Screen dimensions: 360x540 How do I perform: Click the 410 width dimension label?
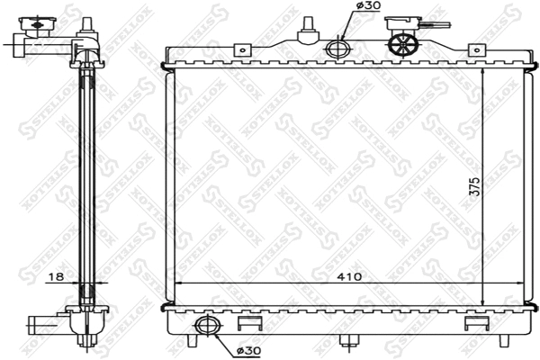pos(350,277)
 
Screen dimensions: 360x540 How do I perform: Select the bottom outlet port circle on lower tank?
pos(206,326)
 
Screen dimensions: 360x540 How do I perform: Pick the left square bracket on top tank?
pos(240,51)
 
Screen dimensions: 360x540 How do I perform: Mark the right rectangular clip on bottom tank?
pos(472,322)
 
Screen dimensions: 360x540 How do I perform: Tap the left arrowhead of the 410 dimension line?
pos(173,283)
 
